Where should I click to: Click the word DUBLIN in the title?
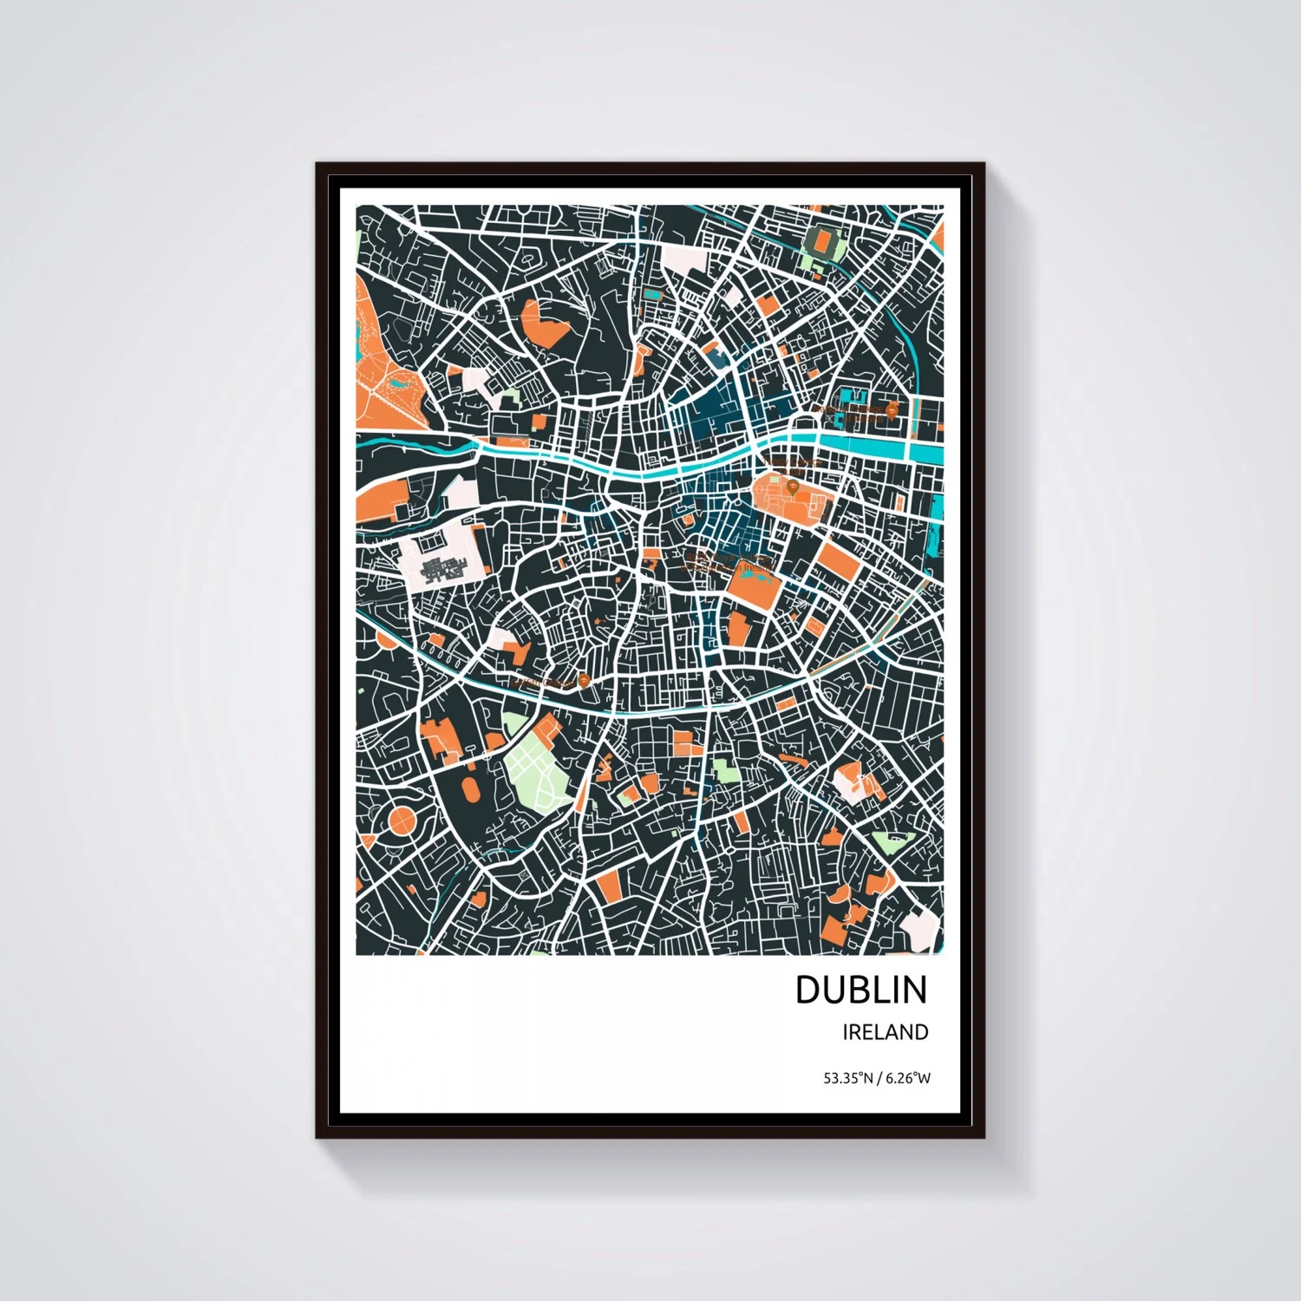point(860,990)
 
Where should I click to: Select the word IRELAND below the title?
point(885,1032)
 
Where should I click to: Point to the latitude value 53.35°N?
point(848,1079)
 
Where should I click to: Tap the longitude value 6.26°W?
point(907,1079)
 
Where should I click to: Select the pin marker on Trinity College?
point(792,487)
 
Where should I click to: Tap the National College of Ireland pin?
point(891,409)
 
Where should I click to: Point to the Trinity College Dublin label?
point(794,464)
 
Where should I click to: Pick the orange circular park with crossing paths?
point(402,820)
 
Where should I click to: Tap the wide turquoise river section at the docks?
point(876,449)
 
